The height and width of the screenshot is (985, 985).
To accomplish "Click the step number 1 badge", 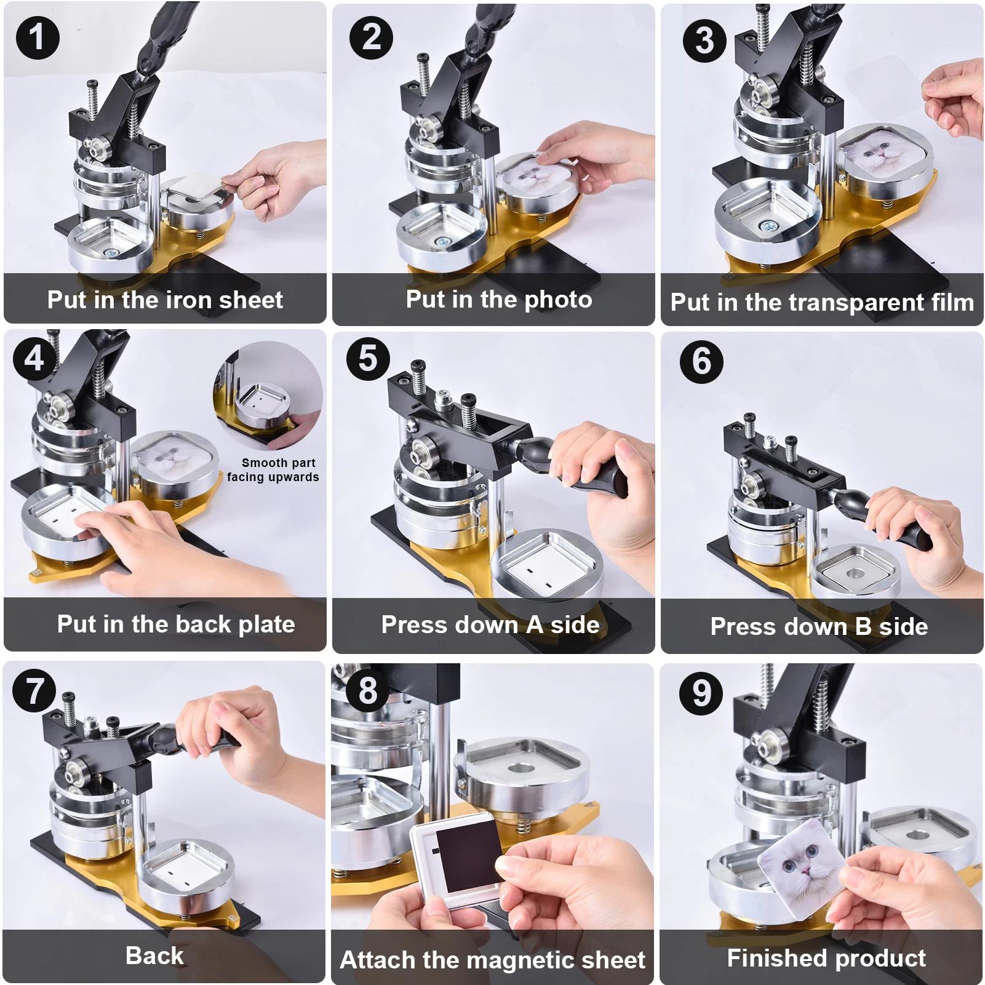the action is (x=38, y=37).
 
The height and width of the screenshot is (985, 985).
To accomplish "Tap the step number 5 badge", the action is (x=368, y=359).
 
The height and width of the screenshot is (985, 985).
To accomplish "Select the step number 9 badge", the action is (x=701, y=693).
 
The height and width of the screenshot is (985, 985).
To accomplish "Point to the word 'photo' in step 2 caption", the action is (x=558, y=300).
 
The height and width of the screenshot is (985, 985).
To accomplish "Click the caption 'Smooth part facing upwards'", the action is (x=273, y=470).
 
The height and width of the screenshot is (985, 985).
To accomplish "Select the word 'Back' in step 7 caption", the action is (x=154, y=955).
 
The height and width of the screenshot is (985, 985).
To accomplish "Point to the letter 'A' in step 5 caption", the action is (x=534, y=624).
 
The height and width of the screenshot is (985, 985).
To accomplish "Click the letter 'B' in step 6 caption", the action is (x=863, y=627).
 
